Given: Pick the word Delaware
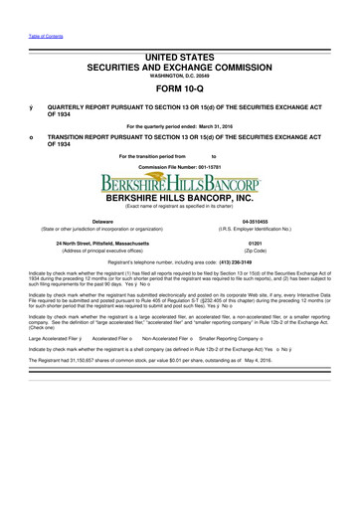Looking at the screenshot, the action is (x=100, y=221).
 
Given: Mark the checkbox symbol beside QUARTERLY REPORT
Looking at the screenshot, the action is (x=32, y=103).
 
